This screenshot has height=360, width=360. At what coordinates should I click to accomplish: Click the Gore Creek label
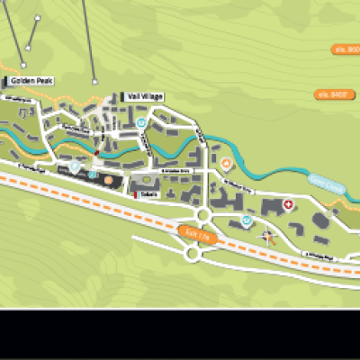point(327,186)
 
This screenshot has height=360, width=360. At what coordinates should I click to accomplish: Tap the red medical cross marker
point(288,205)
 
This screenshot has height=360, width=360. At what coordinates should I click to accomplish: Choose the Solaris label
point(148,193)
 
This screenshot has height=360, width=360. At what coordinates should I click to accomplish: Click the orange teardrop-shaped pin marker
point(227,164)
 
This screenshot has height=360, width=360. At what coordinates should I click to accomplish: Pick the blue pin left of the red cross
point(247,220)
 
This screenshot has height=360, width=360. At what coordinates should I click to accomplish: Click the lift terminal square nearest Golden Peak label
point(23,65)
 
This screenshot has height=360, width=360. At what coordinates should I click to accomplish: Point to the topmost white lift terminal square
point(37,17)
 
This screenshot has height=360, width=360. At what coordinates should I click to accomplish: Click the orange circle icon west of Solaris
point(109,180)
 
